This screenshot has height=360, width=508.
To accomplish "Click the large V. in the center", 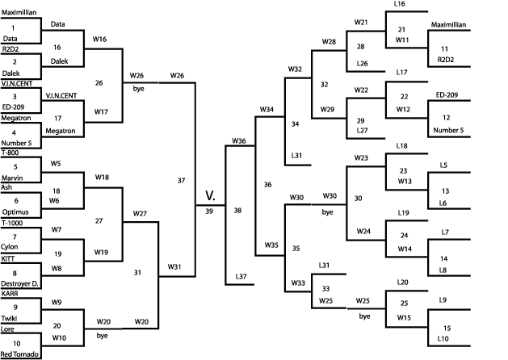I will point(210,195).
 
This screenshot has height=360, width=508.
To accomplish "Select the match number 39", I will point(210,211).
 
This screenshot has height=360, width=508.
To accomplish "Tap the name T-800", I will point(10,152).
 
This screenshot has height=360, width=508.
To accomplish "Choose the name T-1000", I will point(12,222).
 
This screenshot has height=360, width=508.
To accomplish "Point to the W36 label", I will point(238,141).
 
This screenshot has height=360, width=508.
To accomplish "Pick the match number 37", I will point(182,180).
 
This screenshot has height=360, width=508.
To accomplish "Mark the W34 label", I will point(267,108).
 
